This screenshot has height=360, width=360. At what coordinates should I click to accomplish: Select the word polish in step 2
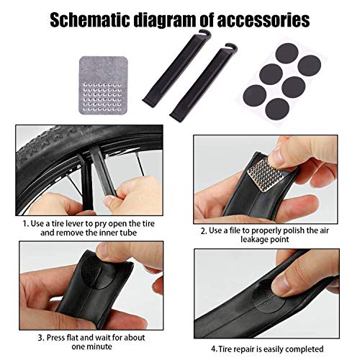tap(292, 230)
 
